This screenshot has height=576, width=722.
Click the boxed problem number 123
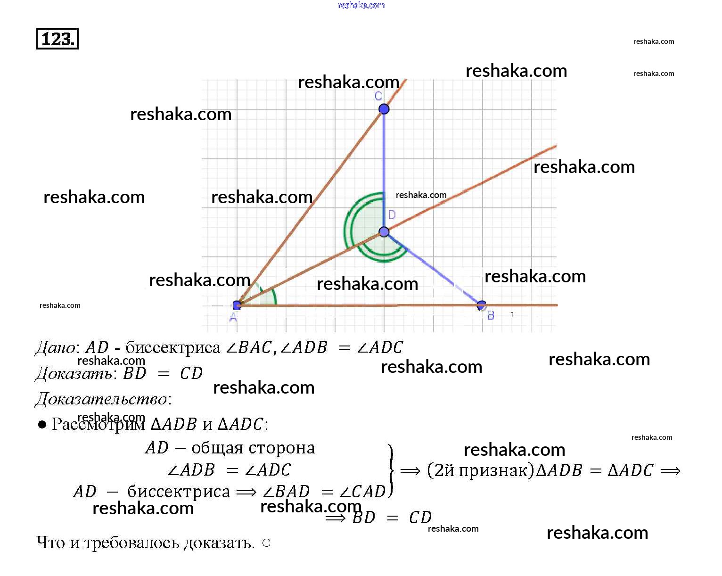pos(57,39)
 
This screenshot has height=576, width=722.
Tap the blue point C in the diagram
pos(384,109)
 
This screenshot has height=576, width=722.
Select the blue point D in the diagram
pos(384,231)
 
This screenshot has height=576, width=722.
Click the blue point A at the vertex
pos(237,305)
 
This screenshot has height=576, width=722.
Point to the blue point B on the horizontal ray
pos(481,305)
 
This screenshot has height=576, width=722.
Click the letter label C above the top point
pos(378,97)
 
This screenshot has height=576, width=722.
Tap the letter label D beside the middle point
pos(392,215)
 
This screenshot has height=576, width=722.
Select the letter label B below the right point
pos(491,316)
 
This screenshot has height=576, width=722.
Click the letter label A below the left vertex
pos(233,318)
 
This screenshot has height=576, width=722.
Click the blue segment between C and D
pos(384,170)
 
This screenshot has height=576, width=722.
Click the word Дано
pos(55,348)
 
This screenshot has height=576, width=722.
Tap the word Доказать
pos(74,374)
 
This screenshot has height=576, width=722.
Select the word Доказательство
pos(101,399)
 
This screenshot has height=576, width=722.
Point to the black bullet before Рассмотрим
pos(42,425)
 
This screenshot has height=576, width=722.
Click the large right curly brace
pos(390,470)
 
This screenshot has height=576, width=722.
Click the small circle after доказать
pos(266,543)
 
